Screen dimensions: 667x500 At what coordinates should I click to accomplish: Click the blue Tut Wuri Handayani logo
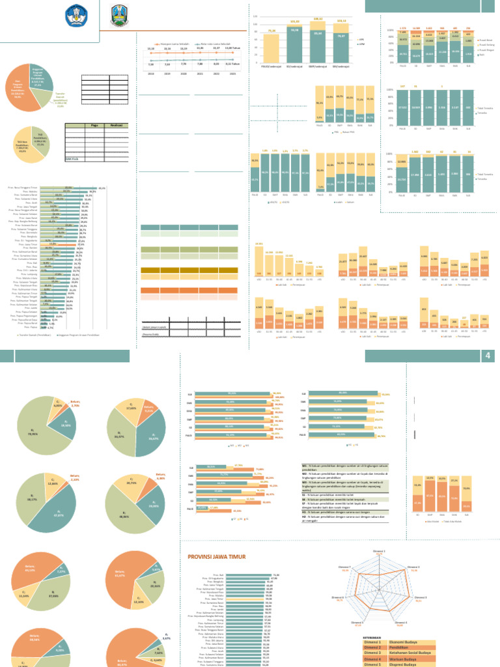[x=78, y=14]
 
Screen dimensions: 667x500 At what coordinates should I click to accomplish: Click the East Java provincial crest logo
[x=119, y=14]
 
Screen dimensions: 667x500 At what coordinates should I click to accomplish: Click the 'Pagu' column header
[x=94, y=125]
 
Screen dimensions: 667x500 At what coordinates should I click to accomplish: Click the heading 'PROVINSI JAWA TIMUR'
[x=219, y=556]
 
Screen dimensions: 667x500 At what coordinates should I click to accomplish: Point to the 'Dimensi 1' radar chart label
[x=379, y=551]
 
